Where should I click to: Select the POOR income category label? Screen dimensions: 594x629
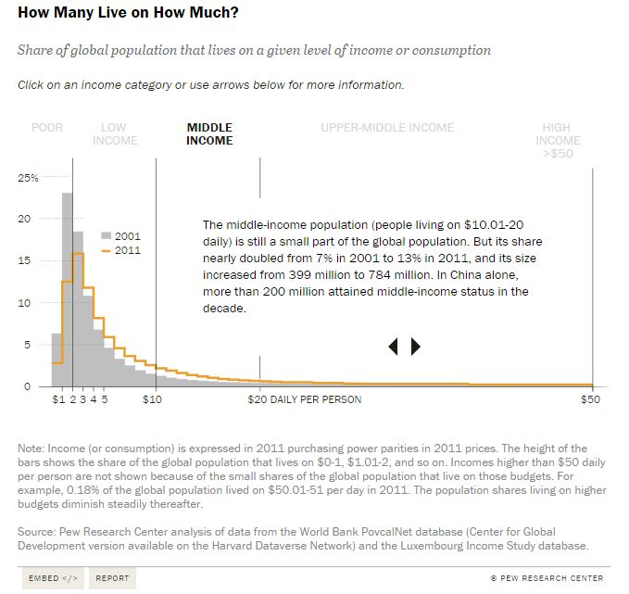coord(47,128)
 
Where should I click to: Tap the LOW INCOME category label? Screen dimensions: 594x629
coord(114,134)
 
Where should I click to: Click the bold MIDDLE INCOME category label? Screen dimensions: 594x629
coord(209,134)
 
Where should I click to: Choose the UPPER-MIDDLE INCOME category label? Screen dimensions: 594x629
coord(387,128)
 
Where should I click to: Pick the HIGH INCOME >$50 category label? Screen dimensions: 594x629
coord(558,141)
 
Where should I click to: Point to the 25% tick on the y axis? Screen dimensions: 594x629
coord(29,177)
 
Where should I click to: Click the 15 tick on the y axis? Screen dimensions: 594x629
coord(25,260)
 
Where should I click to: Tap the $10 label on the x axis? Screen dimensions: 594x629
coord(153,400)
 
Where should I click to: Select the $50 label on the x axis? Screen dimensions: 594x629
coord(590,400)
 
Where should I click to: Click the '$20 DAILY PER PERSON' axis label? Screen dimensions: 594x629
coord(305,400)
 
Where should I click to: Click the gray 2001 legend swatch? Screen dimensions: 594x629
coord(107,236)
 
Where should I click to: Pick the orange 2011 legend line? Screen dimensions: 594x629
coord(107,250)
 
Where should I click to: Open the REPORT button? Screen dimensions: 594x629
coord(112,578)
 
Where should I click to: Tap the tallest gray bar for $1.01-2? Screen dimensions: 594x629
coord(67,287)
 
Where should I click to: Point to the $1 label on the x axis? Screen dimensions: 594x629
coord(58,400)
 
